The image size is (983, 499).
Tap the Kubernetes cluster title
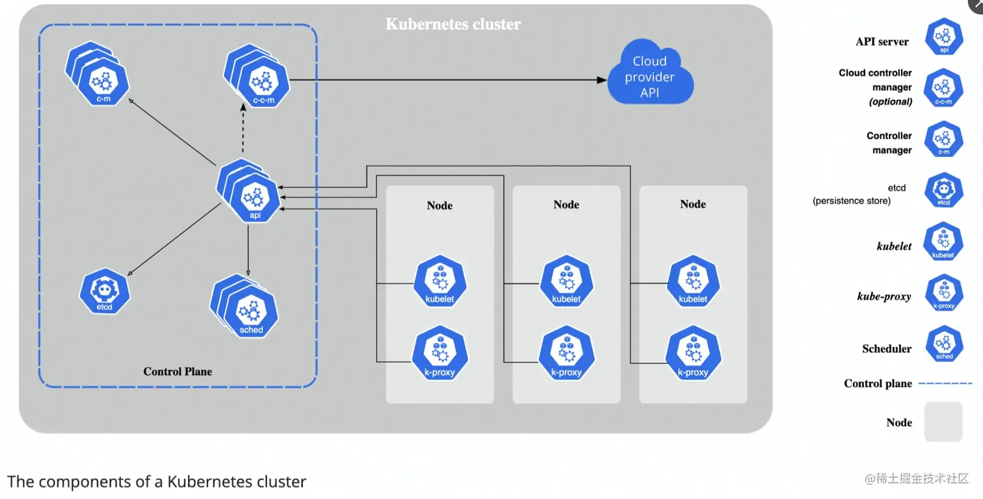pyautogui.click(x=453, y=25)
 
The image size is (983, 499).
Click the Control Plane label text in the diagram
pyautogui.click(x=177, y=372)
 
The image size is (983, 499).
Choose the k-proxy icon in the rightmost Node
pyautogui.click(x=692, y=356)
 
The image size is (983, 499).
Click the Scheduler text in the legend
pyautogui.click(x=887, y=349)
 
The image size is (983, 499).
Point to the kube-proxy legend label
pyautogui.click(x=884, y=297)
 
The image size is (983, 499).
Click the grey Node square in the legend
pyautogui.click(x=943, y=422)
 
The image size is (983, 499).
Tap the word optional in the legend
pyautogui.click(x=891, y=102)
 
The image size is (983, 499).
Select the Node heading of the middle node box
pyautogui.click(x=566, y=204)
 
